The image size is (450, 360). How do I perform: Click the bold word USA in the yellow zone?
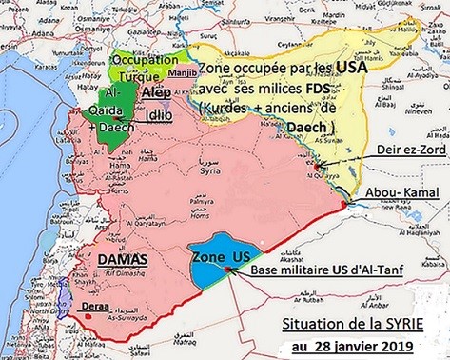click(351, 69)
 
